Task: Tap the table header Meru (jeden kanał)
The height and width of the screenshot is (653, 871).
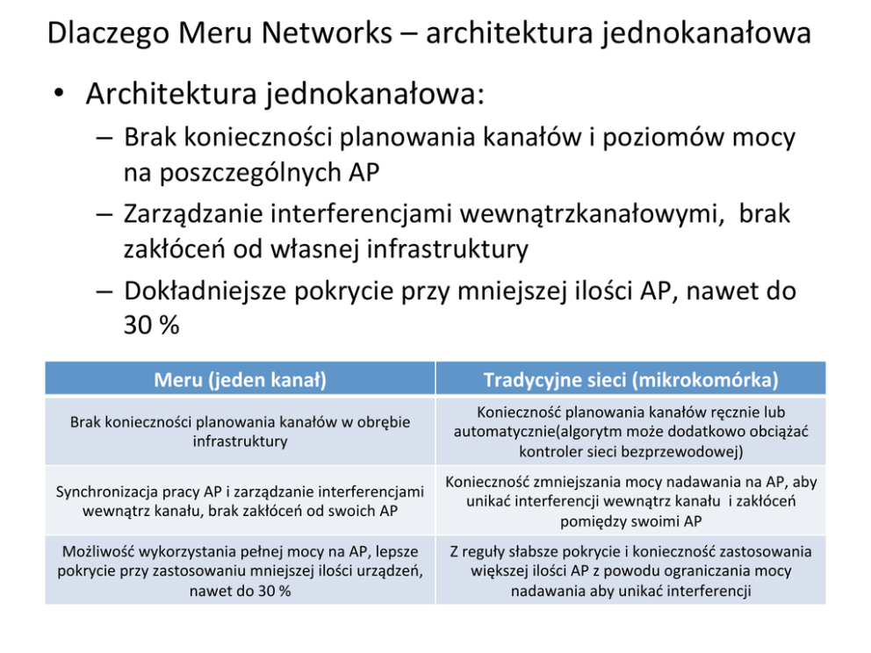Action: [240, 380]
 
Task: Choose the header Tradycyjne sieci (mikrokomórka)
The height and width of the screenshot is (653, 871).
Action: [630, 380]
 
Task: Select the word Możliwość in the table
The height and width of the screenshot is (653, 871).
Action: [97, 552]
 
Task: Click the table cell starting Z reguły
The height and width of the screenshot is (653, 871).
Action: [630, 571]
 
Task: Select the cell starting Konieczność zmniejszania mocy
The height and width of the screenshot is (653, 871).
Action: [630, 501]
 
